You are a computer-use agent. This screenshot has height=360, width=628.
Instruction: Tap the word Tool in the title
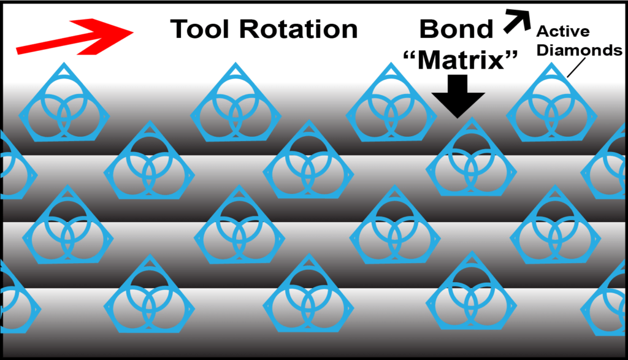coord(199,29)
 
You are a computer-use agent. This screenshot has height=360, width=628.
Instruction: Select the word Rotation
coord(299,29)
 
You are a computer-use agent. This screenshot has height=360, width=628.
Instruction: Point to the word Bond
coord(456,29)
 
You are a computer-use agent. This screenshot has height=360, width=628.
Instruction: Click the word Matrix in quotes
coord(461,60)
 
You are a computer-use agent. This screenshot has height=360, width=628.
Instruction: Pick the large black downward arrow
coord(458,96)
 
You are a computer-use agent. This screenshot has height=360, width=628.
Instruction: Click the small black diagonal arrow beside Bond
coord(518,21)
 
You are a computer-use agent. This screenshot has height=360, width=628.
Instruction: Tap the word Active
coord(563,31)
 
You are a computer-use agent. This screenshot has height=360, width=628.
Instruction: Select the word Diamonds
coord(579,50)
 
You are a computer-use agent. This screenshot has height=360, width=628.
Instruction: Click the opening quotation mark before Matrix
coord(410,55)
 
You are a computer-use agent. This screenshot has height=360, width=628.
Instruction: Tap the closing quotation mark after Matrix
coord(511,55)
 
